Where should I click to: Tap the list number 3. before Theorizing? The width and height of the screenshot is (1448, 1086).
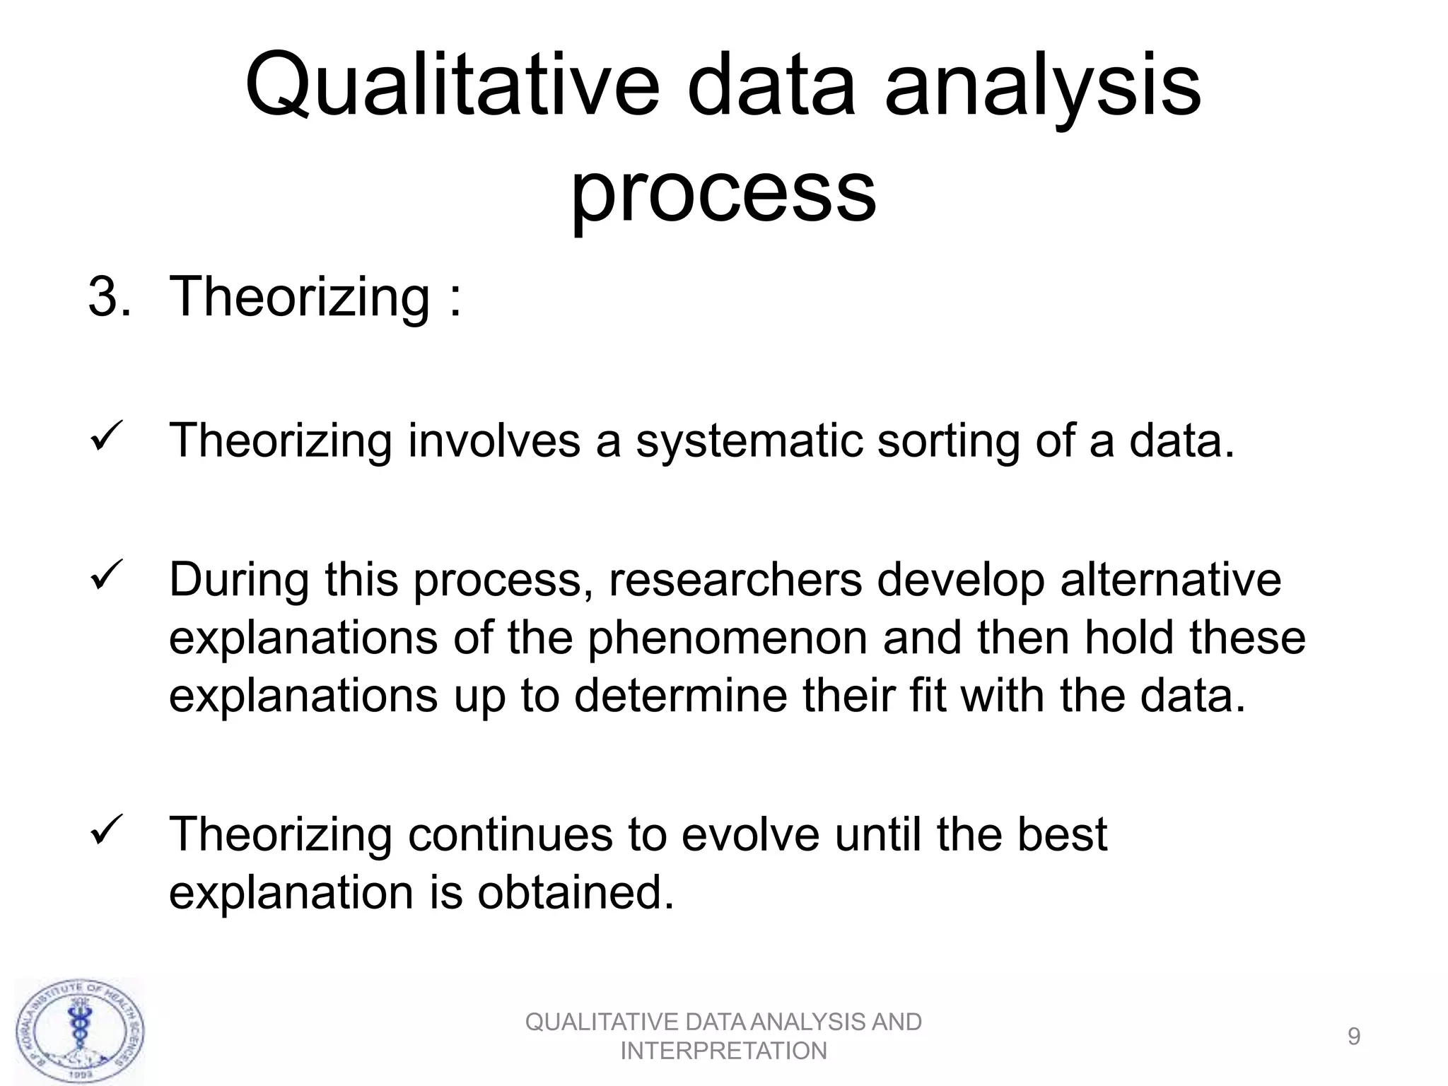[x=109, y=296]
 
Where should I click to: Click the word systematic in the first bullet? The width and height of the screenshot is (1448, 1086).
[x=749, y=441]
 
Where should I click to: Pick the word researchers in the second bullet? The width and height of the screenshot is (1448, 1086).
[x=735, y=580]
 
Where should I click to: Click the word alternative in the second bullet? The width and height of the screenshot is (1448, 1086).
[x=1170, y=580]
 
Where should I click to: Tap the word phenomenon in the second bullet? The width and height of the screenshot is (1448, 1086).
[x=728, y=638]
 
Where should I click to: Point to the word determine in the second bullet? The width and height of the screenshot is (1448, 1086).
[x=680, y=696]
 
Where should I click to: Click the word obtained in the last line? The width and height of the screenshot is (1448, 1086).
[x=576, y=892]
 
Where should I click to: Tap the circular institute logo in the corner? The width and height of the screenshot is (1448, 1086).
[x=79, y=1032]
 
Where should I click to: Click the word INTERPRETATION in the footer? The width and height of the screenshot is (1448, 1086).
[x=723, y=1051]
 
